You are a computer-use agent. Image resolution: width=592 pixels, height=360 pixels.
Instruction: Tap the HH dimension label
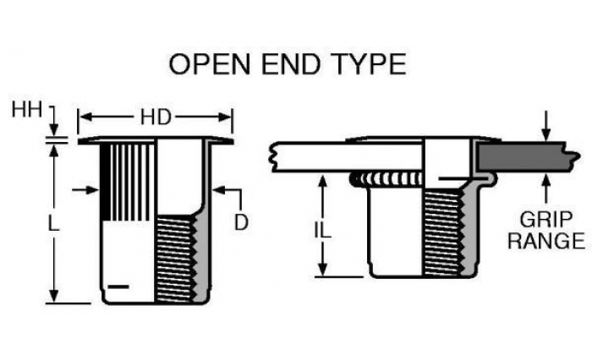coord(26,110)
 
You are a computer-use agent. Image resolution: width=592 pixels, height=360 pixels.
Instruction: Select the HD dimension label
coord(156,117)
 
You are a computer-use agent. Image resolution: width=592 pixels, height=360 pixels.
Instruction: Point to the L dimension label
coord(54,223)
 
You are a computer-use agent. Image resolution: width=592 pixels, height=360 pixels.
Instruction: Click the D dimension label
coord(241,222)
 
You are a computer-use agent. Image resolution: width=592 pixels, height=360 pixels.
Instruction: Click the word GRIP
coord(546,219)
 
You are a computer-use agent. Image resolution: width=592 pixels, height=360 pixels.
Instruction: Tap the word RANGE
coord(546,241)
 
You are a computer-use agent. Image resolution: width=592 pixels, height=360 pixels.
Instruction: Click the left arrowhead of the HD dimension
coord(85,117)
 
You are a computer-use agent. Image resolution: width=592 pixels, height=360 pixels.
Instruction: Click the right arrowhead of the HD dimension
coord(226,117)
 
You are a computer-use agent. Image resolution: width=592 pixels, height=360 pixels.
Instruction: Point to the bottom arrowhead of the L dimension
coord(54,296)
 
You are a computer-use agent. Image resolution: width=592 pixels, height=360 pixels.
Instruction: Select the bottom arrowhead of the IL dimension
coord(322,270)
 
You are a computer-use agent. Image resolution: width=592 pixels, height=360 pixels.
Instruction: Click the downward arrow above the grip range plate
coord(545,126)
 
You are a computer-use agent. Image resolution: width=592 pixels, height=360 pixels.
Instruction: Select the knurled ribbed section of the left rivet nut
coord(128,182)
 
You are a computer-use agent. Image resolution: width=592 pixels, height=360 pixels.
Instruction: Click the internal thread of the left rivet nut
coord(176,259)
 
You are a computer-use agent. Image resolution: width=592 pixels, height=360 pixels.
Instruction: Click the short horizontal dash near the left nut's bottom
coord(118,286)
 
